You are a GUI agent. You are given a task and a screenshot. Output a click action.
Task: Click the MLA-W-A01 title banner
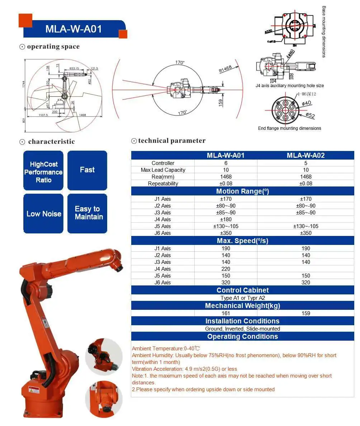click(74, 29)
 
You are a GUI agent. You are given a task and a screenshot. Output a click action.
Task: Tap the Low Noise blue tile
click(44, 214)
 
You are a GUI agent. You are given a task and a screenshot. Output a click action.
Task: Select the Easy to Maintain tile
click(87, 213)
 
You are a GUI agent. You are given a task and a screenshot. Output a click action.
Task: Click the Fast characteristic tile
click(87, 170)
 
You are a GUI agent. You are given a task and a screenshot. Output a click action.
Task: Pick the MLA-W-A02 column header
click(306, 156)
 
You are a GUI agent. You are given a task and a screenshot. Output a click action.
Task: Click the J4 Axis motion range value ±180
click(226, 219)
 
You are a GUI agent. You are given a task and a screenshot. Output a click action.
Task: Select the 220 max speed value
click(226, 269)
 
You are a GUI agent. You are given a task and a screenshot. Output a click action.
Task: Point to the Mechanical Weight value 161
click(226, 313)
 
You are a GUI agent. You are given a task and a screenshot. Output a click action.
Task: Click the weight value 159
click(306, 313)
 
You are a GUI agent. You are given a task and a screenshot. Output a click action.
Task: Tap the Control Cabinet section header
click(242, 290)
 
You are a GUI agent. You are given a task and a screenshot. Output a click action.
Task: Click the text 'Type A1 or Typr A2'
click(242, 298)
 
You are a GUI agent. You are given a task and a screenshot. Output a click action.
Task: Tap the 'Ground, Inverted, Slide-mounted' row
click(242, 329)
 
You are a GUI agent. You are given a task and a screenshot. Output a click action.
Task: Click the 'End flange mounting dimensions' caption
click(289, 128)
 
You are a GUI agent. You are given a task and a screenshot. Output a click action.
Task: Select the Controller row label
click(163, 163)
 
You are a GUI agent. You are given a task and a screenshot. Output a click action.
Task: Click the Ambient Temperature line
click(166, 349)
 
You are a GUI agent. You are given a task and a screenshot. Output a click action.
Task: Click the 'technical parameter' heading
click(172, 141)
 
